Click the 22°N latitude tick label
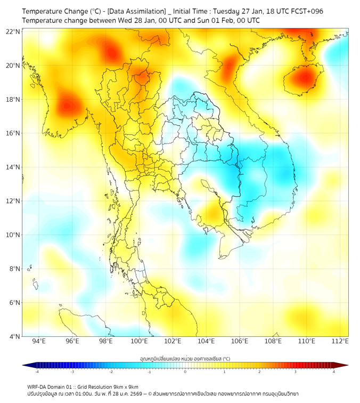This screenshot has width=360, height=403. point(13,31)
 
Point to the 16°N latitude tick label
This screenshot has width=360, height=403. point(13,133)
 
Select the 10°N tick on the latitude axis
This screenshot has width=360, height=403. point(13,235)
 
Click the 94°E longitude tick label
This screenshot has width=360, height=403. point(39,342)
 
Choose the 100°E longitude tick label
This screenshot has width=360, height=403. point(140,342)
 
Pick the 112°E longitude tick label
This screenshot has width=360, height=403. point(340,342)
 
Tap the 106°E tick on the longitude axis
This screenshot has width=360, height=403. point(240,342)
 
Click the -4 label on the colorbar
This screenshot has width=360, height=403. point(36,371)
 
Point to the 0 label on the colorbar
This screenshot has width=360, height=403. point(185,371)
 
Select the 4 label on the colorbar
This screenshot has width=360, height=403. point(334,371)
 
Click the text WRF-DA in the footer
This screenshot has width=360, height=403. point(37,386)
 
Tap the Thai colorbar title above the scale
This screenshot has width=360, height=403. point(185,359)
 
